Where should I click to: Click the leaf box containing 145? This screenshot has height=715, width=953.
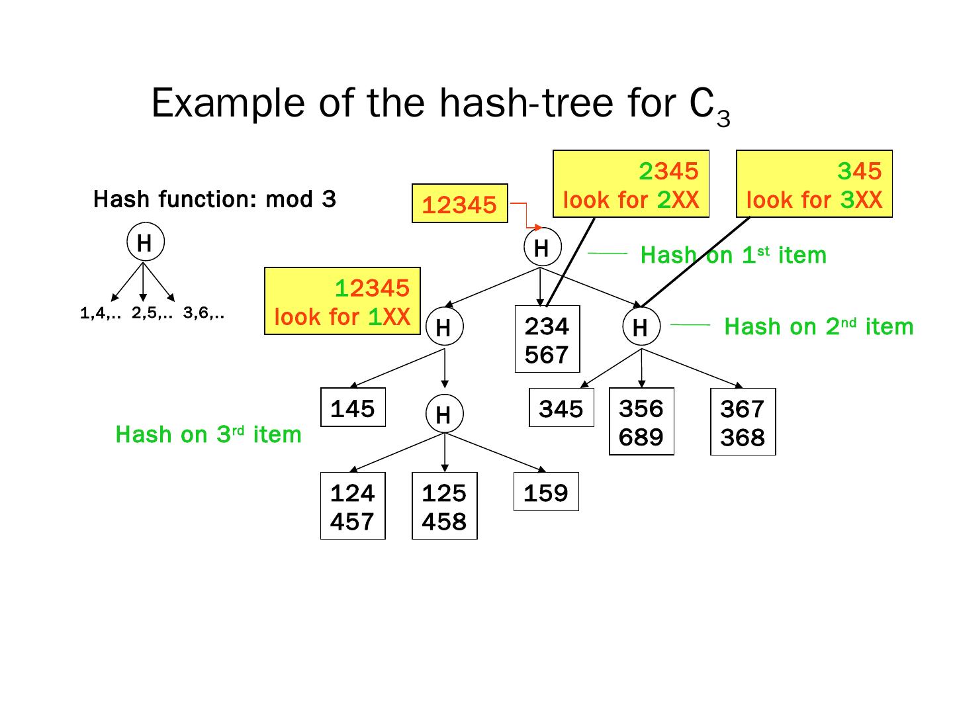pos(353,408)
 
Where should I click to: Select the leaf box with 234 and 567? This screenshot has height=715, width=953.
pos(547,340)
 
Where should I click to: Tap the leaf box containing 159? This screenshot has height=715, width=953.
pos(546,492)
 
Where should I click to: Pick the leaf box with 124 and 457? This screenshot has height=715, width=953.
pos(353,506)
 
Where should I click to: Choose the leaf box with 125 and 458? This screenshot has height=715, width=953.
pos(444,506)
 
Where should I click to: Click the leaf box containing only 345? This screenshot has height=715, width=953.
pos(561,408)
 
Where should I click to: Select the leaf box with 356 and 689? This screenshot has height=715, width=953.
pos(641,422)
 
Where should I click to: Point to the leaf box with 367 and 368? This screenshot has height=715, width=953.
pos(743,422)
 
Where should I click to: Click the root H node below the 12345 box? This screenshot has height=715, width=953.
pos(541,248)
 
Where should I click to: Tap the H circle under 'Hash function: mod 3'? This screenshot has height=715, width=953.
pos(144,243)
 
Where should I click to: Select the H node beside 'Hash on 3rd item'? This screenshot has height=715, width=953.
pos(443,414)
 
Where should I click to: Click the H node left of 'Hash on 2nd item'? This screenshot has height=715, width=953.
pos(640,327)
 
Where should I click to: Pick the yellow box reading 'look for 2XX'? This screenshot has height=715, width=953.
pos(631,184)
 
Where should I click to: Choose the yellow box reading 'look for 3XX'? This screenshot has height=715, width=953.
pos(814,184)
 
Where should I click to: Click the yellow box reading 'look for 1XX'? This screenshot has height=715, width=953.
pos(342,301)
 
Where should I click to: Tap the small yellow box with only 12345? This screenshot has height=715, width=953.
pos(459,203)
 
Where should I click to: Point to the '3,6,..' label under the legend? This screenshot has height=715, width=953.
pos(204,314)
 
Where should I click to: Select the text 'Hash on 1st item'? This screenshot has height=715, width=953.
pos(733,255)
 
